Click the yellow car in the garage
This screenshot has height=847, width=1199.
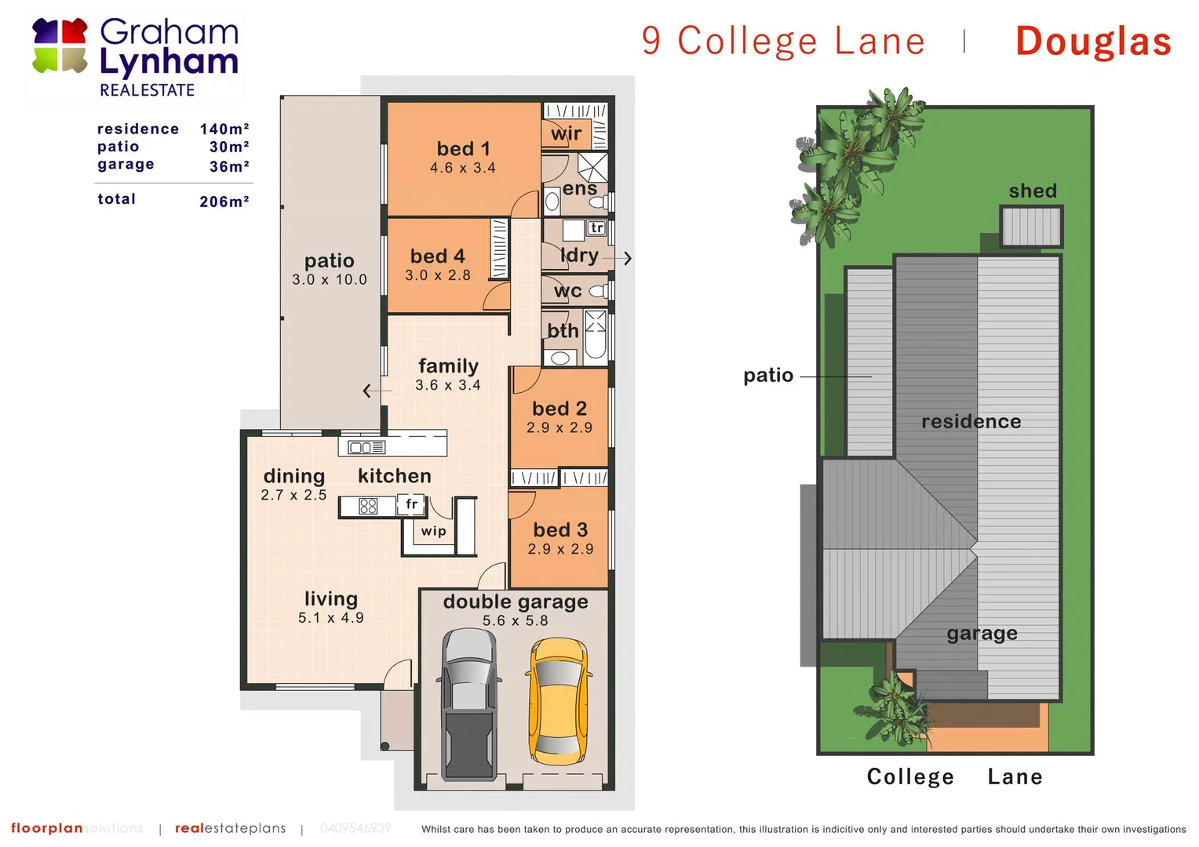(558, 705)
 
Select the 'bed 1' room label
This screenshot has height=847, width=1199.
(463, 149)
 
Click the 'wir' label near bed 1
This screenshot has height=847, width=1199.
(566, 134)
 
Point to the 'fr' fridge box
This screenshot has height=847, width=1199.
(411, 504)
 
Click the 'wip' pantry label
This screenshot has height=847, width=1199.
(433, 531)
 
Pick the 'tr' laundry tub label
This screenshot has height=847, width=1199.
(597, 228)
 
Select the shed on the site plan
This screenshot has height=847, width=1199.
(1032, 227)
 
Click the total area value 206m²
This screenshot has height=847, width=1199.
(224, 202)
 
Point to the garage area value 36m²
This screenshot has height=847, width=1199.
(229, 166)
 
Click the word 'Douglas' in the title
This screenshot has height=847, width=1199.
(1093, 42)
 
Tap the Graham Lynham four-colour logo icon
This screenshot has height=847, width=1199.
(60, 46)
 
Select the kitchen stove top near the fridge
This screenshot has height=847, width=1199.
(368, 507)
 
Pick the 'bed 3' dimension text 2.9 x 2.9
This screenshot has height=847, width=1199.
(560, 549)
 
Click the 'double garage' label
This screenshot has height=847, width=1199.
(516, 602)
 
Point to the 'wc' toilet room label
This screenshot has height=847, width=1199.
(567, 292)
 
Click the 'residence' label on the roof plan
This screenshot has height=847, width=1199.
(971, 422)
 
